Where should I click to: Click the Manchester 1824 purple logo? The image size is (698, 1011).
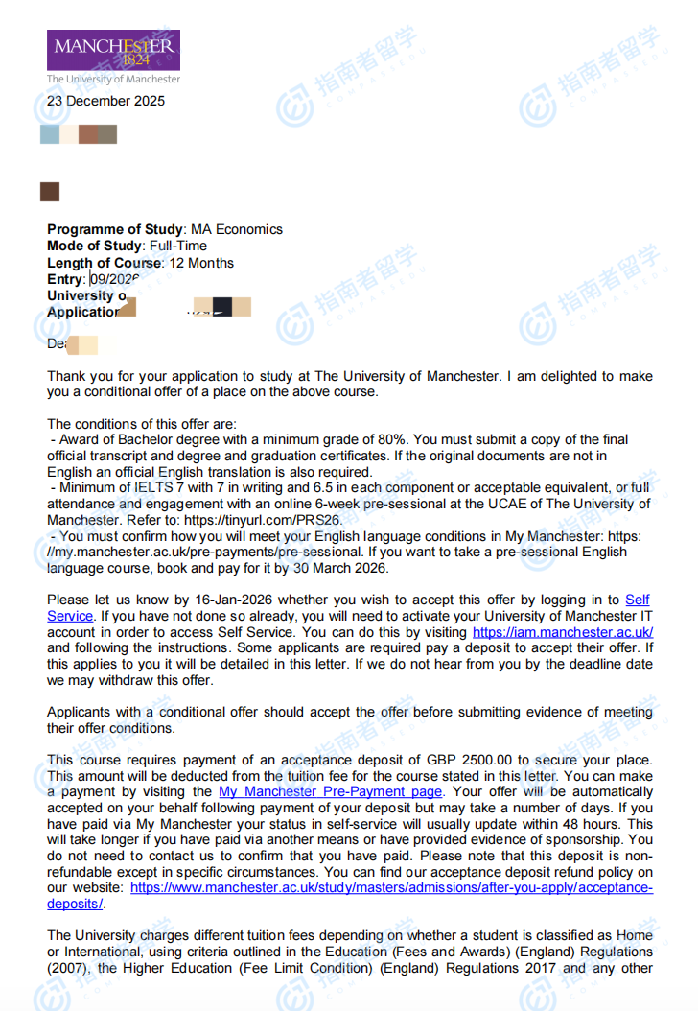point(113,50)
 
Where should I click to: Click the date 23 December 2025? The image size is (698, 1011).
point(105,101)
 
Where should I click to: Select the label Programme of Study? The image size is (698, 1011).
point(114,229)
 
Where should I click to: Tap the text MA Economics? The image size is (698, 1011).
point(237,229)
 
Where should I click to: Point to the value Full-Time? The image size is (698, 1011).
point(178,246)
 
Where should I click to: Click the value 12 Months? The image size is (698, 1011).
point(201,263)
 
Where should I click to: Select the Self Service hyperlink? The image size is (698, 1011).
point(637,600)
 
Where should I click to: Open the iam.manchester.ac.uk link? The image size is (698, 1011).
point(563,633)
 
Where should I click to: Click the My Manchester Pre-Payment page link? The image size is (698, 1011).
point(331,791)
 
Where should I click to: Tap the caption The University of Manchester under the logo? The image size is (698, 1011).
point(113,79)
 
